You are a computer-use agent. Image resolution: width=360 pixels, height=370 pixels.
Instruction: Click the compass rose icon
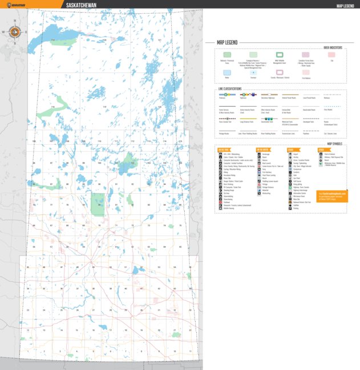(15, 32)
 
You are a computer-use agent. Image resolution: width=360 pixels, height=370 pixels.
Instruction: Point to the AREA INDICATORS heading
(334, 47)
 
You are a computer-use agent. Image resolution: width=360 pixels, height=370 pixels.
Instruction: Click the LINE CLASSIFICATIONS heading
(229, 89)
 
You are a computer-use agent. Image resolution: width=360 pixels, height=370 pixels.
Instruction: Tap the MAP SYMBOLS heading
(337, 144)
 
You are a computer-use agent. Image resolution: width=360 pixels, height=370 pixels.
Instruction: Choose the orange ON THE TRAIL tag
(224, 149)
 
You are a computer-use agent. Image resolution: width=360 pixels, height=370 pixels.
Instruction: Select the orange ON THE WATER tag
(264, 149)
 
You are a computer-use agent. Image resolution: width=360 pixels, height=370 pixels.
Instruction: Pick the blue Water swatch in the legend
(227, 72)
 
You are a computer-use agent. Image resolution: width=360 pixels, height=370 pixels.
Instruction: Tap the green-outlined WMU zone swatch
(280, 55)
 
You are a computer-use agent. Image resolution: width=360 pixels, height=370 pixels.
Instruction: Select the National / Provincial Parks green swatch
(227, 55)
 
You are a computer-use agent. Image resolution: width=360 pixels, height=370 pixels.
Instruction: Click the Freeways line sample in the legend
(227, 95)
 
